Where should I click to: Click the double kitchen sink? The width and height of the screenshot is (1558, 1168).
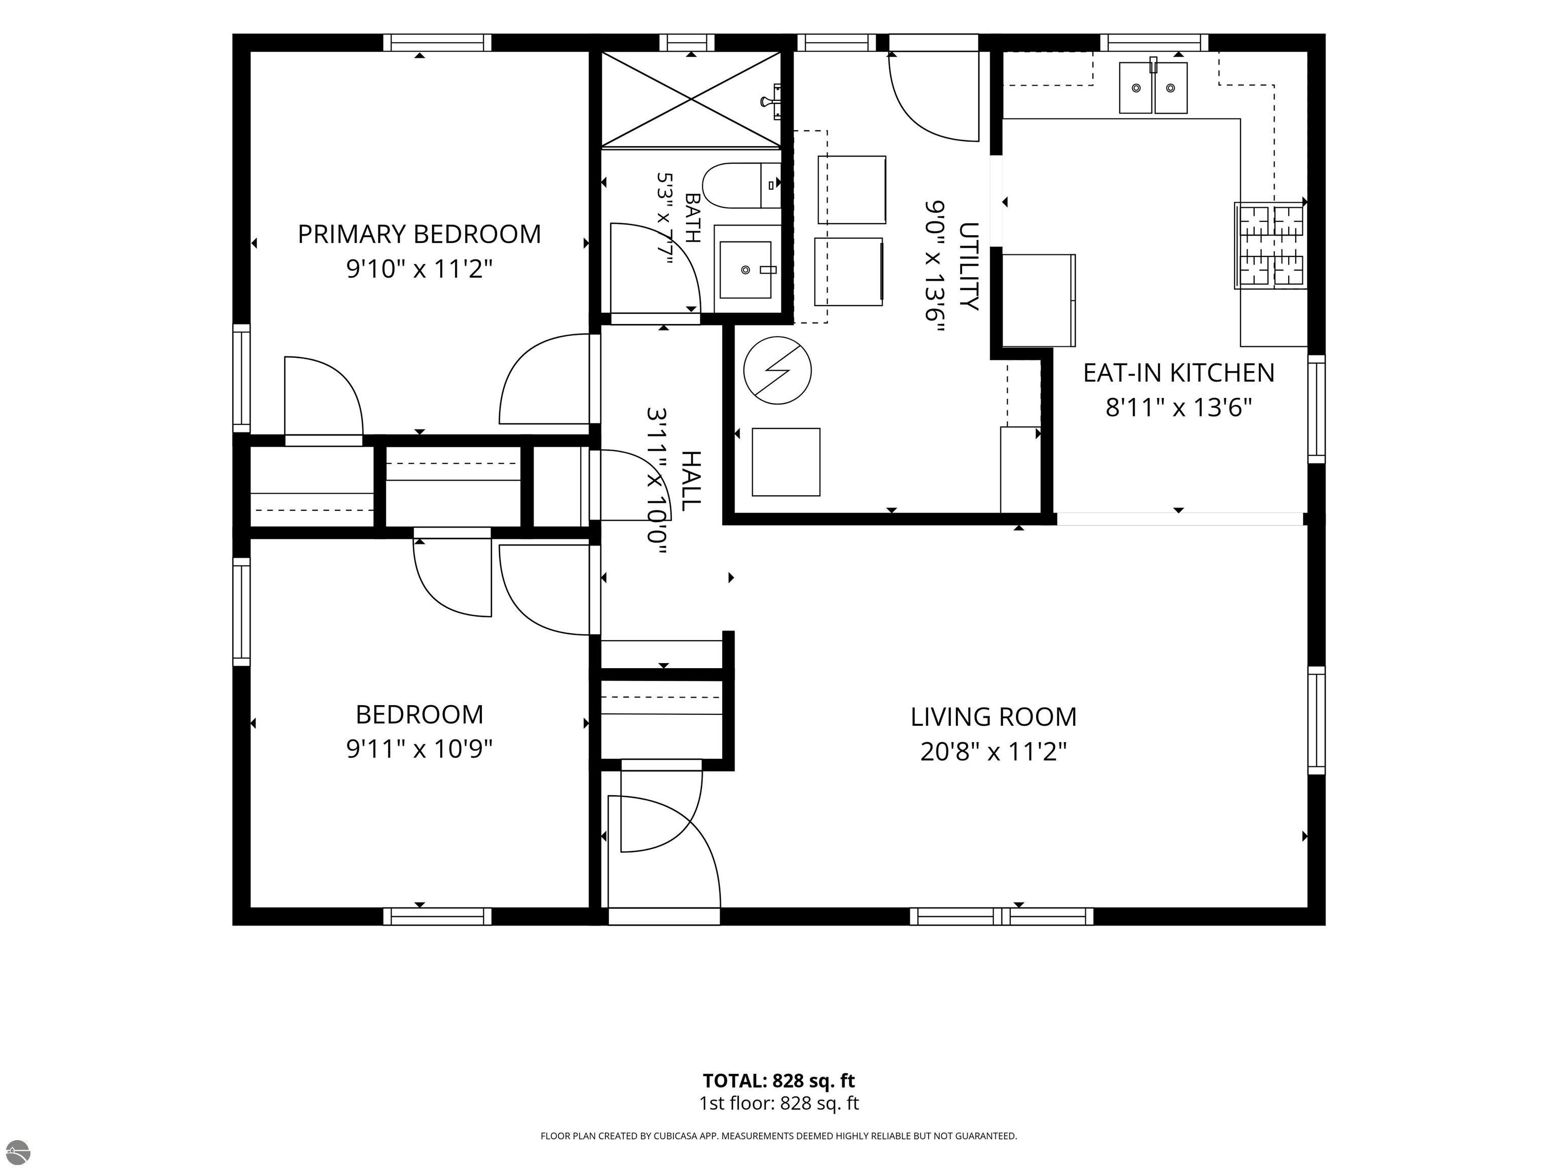(x=1153, y=87)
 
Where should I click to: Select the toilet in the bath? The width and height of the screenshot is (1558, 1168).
(x=741, y=185)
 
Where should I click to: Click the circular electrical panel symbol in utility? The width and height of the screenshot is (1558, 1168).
(x=777, y=371)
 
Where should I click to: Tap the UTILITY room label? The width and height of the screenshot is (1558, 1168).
(x=969, y=266)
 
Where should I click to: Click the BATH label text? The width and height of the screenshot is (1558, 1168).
(x=692, y=217)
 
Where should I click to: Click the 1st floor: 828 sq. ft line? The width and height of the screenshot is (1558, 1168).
(x=779, y=1103)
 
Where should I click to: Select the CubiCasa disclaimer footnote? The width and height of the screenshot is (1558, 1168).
(x=779, y=1136)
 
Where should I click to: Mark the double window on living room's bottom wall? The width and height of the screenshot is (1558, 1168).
(x=1002, y=916)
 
